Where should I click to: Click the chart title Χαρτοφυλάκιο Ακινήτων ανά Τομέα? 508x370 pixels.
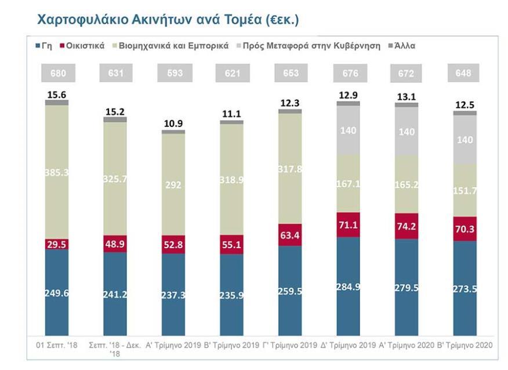(168, 19)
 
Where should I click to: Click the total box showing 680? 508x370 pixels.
(57, 73)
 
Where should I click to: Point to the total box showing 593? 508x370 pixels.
(173, 73)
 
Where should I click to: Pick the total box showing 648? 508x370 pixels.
(464, 73)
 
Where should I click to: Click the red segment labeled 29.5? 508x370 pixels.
(57, 244)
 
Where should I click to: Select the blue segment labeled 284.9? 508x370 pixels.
(348, 286)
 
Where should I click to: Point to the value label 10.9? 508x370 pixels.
(173, 124)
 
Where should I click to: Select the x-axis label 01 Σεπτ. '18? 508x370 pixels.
(57, 345)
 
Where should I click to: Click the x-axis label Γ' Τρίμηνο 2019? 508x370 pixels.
(289, 345)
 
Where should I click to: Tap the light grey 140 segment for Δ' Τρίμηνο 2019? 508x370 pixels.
(348, 130)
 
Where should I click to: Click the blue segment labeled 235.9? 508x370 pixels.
(231, 294)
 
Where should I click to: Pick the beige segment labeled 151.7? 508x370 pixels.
(464, 190)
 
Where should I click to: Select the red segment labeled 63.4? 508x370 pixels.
(289, 234)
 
